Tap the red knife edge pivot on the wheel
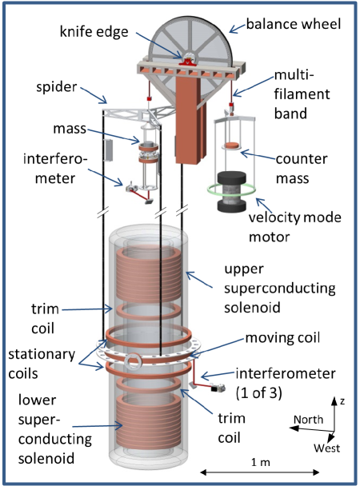[x=187, y=58]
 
